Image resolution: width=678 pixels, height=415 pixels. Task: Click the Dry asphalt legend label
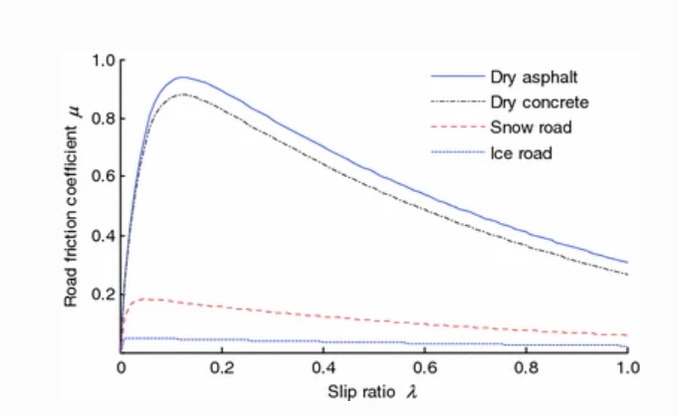(528, 76)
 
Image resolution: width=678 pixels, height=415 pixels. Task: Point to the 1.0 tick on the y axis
(104, 61)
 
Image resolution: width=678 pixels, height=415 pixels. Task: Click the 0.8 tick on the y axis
(104, 119)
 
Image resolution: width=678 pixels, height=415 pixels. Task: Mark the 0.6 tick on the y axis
(104, 177)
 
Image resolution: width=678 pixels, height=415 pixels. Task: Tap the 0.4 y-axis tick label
(104, 236)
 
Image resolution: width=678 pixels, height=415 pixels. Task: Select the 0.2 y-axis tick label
(104, 295)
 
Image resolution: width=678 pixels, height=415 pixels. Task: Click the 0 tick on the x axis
(120, 367)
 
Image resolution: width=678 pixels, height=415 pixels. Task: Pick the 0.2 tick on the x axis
(222, 367)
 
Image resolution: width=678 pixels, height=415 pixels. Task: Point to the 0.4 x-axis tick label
(324, 367)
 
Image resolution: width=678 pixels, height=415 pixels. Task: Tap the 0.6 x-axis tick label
(425, 367)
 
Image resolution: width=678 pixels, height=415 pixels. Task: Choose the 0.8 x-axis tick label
(527, 367)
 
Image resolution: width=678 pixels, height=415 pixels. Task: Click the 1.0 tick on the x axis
(627, 367)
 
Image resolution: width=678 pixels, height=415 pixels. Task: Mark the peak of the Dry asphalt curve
(182, 77)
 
